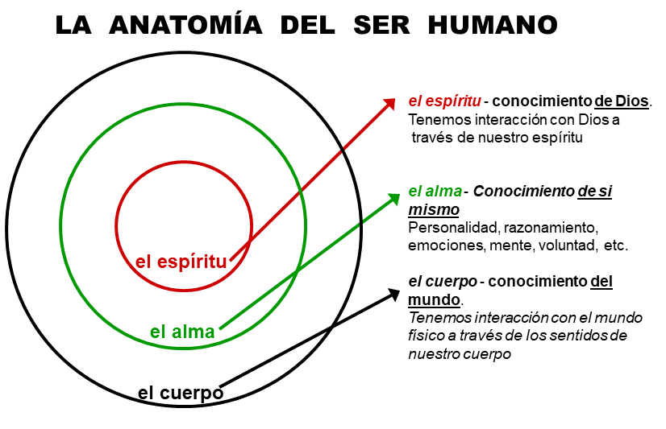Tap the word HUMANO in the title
pyautogui.click(x=493, y=25)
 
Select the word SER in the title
pyautogui.click(x=381, y=25)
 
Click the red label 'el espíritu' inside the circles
pyautogui.click(x=181, y=262)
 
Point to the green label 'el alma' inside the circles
pyautogui.click(x=182, y=332)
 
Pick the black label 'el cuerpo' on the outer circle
pyautogui.click(x=181, y=393)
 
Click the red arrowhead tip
pyautogui.click(x=395, y=99)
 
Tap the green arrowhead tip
pyautogui.click(x=400, y=194)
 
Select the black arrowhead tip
pyautogui.click(x=400, y=290)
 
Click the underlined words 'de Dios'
pyautogui.click(x=622, y=101)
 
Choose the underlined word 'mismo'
pyautogui.click(x=434, y=210)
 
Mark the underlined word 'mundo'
pyautogui.click(x=434, y=299)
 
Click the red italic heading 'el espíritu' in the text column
pyautogui.click(x=444, y=101)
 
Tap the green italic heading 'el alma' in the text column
pyautogui.click(x=435, y=192)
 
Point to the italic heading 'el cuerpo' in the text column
pyautogui.click(x=443, y=282)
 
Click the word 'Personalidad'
pyautogui.click(x=454, y=228)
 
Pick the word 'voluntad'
pyautogui.click(x=567, y=245)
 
